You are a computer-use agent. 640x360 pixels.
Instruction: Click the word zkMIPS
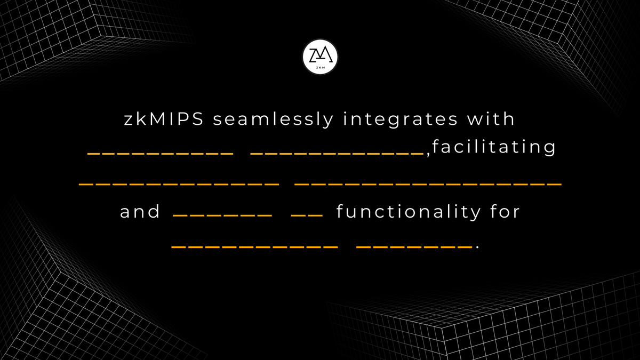tap(164, 119)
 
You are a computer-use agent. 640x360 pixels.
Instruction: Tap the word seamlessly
tap(274, 119)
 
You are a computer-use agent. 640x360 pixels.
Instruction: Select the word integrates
tap(401, 119)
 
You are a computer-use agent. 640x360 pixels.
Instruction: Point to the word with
tap(491, 118)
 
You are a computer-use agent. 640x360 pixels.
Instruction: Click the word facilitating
tap(494, 147)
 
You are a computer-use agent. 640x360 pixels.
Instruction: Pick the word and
tap(140, 212)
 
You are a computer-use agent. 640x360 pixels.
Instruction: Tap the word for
tap(505, 212)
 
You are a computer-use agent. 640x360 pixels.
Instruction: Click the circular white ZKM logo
tap(320, 57)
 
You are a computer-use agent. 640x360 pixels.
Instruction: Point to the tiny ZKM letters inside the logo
tap(320, 68)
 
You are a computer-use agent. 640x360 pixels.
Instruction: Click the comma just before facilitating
tap(428, 155)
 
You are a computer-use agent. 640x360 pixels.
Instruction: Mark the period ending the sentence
tap(477, 247)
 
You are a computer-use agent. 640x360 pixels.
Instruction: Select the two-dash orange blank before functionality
tap(307, 215)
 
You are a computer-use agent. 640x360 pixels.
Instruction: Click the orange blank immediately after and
tap(222, 215)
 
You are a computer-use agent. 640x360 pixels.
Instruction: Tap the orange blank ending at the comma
tap(337, 154)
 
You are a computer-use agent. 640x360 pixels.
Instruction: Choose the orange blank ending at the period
tap(414, 247)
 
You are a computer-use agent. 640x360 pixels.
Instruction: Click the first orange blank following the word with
tap(161, 154)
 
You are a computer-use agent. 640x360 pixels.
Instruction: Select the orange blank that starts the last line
tap(254, 247)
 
